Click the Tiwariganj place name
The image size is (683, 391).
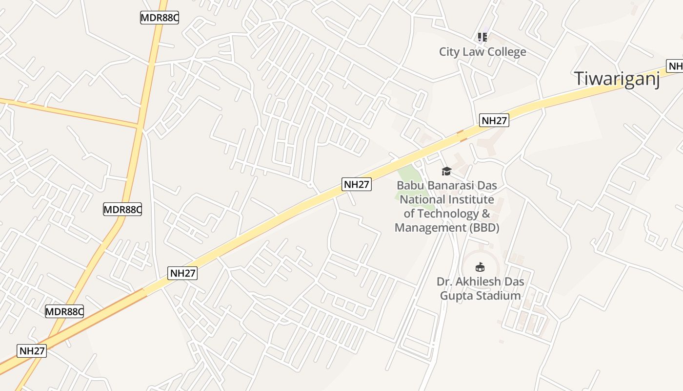click(x=617, y=79)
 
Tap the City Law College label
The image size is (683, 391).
click(x=482, y=52)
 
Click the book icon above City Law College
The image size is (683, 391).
click(x=482, y=37)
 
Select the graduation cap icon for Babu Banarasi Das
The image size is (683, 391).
click(x=446, y=171)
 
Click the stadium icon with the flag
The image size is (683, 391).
click(x=480, y=267)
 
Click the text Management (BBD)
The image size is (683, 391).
click(x=446, y=228)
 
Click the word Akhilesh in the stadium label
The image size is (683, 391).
click(x=476, y=282)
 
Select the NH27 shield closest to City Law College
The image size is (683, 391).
click(x=494, y=120)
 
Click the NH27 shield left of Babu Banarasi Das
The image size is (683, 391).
click(x=357, y=184)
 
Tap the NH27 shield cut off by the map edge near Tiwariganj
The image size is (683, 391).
click(x=675, y=66)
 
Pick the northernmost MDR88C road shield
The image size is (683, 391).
click(x=160, y=18)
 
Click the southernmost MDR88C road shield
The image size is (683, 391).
click(x=64, y=311)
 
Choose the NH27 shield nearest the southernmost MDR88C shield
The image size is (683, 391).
click(x=32, y=350)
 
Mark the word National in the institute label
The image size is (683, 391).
click(x=423, y=199)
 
